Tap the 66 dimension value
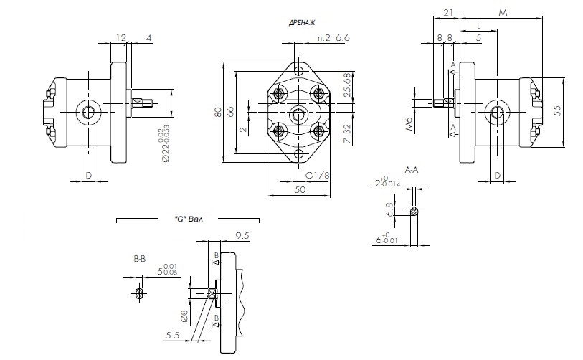click(x=231, y=112)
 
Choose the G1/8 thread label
click(x=318, y=176)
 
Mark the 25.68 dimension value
click(x=348, y=85)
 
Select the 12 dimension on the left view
click(x=120, y=37)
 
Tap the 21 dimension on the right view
click(x=448, y=12)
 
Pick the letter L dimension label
click(x=478, y=25)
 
